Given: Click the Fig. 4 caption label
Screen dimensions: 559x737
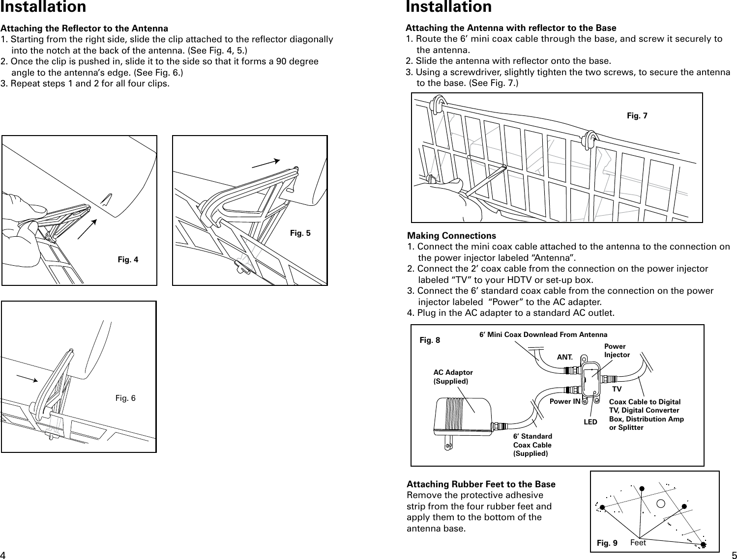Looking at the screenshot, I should [x=128, y=259].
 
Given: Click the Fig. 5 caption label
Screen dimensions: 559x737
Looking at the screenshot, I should [x=300, y=233].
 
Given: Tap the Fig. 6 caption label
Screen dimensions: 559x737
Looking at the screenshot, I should [x=125, y=398].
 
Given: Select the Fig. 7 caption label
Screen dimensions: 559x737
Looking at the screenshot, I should [x=637, y=115].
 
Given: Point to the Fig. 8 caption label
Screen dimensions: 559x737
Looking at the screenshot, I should [x=430, y=340].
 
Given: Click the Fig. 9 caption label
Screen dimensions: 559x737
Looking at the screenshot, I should [x=607, y=543].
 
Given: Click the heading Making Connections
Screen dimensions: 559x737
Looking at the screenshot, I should [x=452, y=236].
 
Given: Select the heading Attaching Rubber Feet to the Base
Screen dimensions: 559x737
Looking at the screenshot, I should [x=481, y=484].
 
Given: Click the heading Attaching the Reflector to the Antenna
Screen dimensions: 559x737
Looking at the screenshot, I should [x=85, y=28].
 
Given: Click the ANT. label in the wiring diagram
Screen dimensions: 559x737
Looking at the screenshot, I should [x=564, y=358].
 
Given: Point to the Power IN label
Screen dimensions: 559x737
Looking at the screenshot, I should [x=564, y=401].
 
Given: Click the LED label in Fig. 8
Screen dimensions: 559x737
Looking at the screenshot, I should [x=590, y=422].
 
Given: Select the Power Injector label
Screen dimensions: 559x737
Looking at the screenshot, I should [x=617, y=350].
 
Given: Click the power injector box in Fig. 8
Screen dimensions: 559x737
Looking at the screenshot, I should [x=590, y=379].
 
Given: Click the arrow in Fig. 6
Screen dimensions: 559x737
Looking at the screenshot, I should [x=27, y=377].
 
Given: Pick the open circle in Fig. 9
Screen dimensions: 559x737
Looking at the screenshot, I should [x=661, y=503].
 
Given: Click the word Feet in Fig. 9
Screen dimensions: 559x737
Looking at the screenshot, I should [x=638, y=543].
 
